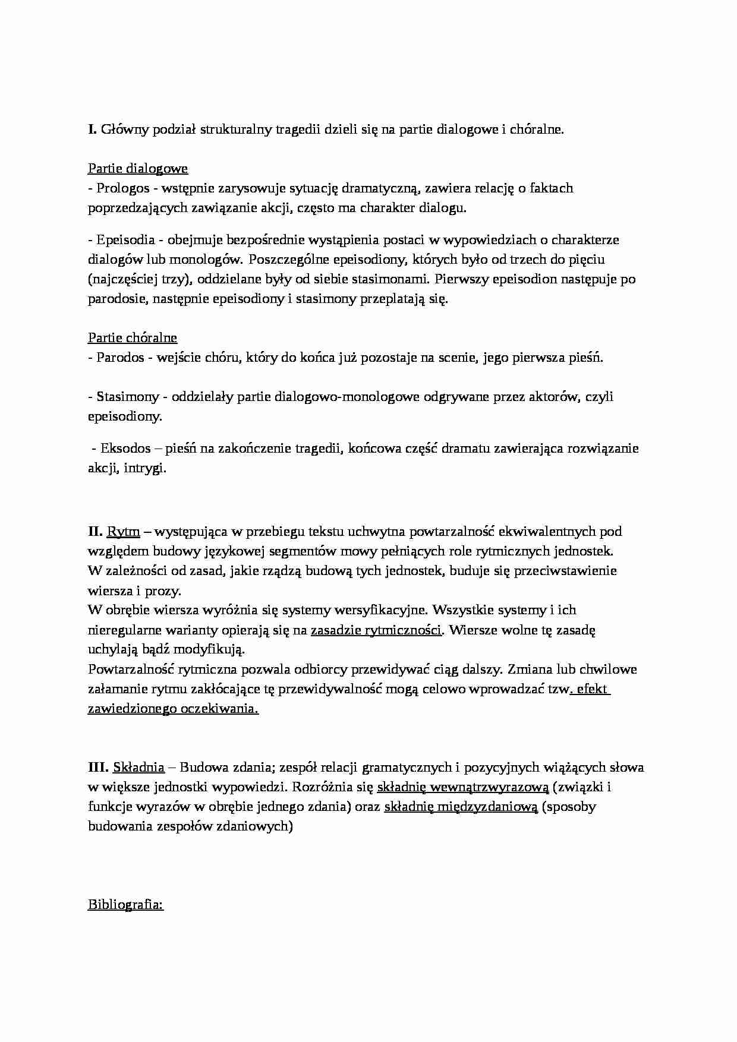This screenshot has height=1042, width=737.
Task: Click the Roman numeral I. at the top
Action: (x=92, y=130)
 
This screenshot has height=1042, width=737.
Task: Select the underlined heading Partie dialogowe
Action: (x=138, y=169)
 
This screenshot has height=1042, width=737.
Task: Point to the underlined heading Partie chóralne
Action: (x=133, y=338)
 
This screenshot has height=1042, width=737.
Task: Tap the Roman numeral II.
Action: (x=95, y=531)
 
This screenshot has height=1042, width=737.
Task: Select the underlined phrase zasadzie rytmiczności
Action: (x=376, y=630)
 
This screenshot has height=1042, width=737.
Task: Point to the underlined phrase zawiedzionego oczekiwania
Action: (x=173, y=709)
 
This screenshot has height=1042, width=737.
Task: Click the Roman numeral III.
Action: (x=98, y=768)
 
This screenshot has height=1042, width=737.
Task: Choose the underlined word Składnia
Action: (x=138, y=768)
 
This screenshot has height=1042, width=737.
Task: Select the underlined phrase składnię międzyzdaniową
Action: (x=461, y=807)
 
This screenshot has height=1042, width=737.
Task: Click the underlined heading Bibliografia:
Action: (x=125, y=905)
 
